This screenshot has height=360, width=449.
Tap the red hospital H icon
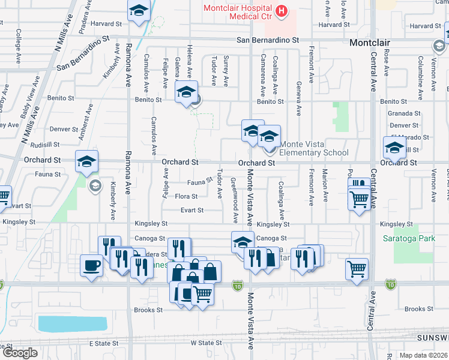click(x=281, y=11)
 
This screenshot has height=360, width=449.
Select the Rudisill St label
click(x=47, y=144)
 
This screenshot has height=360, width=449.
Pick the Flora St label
click(x=186, y=196)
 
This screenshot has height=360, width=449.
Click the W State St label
click(x=206, y=343)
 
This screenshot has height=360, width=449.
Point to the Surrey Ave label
click(x=226, y=71)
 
